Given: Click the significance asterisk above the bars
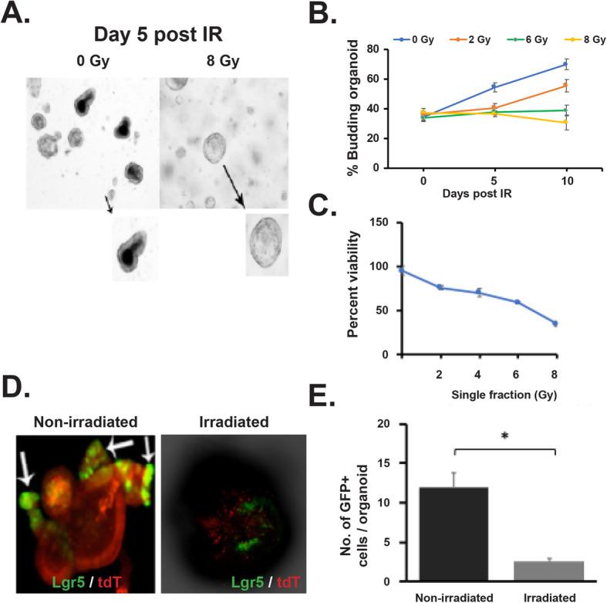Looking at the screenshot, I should click(506, 437).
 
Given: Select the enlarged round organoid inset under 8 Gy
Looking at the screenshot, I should click(267, 244).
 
